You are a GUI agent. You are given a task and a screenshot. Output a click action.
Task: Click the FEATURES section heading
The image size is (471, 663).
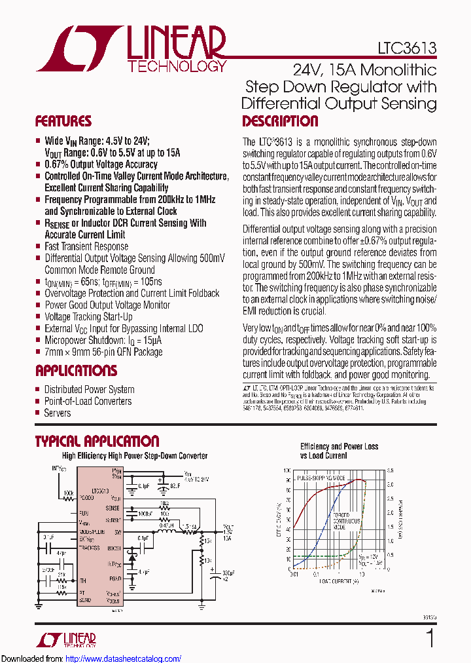63,121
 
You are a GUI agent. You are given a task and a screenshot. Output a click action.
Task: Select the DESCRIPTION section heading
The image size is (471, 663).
280,121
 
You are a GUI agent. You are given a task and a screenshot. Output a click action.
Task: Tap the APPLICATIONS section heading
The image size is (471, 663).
76,371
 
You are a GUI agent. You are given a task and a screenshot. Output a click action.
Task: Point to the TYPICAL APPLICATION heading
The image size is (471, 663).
97,442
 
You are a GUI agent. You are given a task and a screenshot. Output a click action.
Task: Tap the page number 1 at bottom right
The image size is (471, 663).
430,638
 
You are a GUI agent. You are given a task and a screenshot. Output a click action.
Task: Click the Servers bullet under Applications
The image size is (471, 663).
58,413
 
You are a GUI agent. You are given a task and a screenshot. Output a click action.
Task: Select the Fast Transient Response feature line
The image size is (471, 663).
86,246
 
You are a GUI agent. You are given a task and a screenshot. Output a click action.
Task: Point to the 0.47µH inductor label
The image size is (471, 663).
166,525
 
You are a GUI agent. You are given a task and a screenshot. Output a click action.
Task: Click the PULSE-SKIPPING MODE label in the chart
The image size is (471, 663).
322,479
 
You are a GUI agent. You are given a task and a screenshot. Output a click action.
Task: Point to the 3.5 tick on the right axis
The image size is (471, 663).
390,470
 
